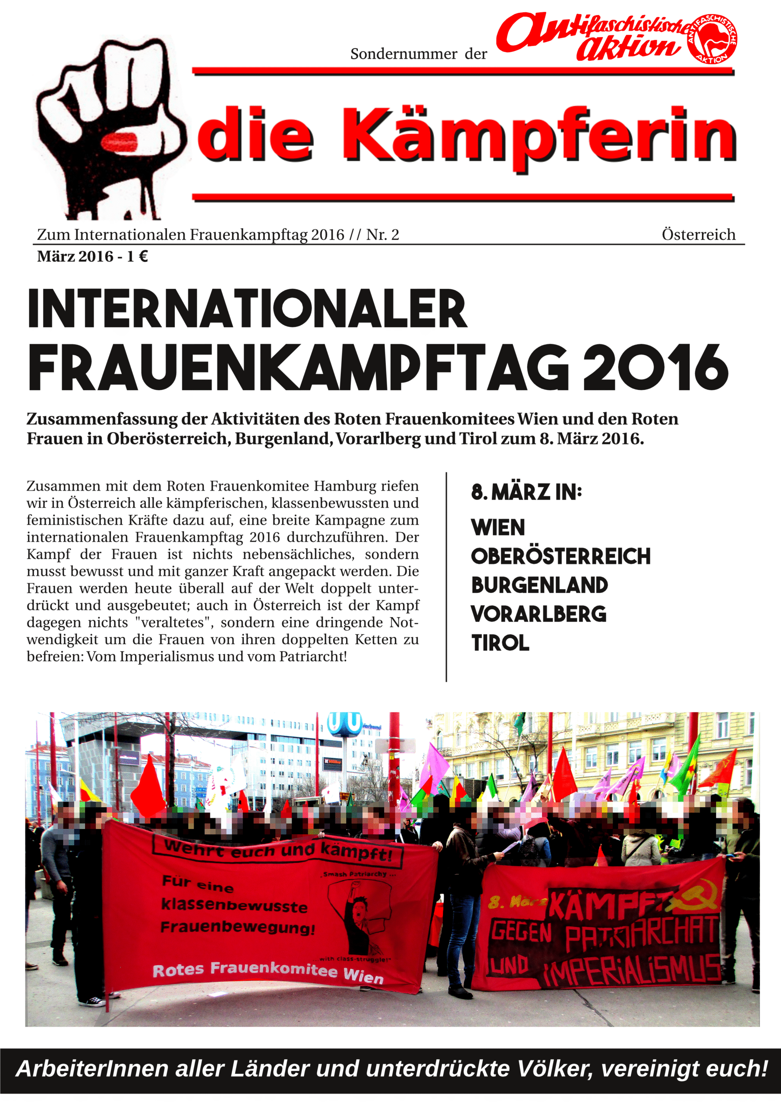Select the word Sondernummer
point(403,54)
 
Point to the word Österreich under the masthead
point(698,235)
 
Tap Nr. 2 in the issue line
point(383,235)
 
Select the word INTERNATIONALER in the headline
point(247,309)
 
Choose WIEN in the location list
point(498,527)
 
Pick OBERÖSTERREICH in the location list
point(561,556)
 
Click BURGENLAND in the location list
point(539,585)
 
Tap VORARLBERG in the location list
point(539,614)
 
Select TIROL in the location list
point(501,643)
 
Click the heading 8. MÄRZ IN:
point(526,492)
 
